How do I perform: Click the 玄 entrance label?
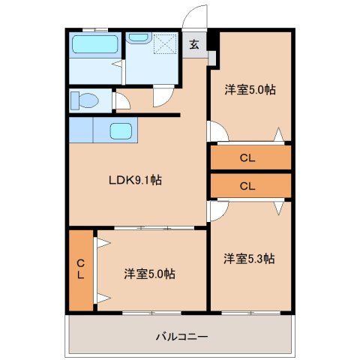click(193, 44)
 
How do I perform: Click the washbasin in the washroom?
click(138, 37)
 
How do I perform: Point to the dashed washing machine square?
click(163, 46)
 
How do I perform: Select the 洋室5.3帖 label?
click(249, 259)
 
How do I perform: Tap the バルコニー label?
click(181, 335)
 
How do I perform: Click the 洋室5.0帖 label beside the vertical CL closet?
click(150, 274)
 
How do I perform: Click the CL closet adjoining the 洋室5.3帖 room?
click(250, 184)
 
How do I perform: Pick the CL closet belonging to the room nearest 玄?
click(250, 157)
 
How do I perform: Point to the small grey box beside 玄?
click(212, 56)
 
